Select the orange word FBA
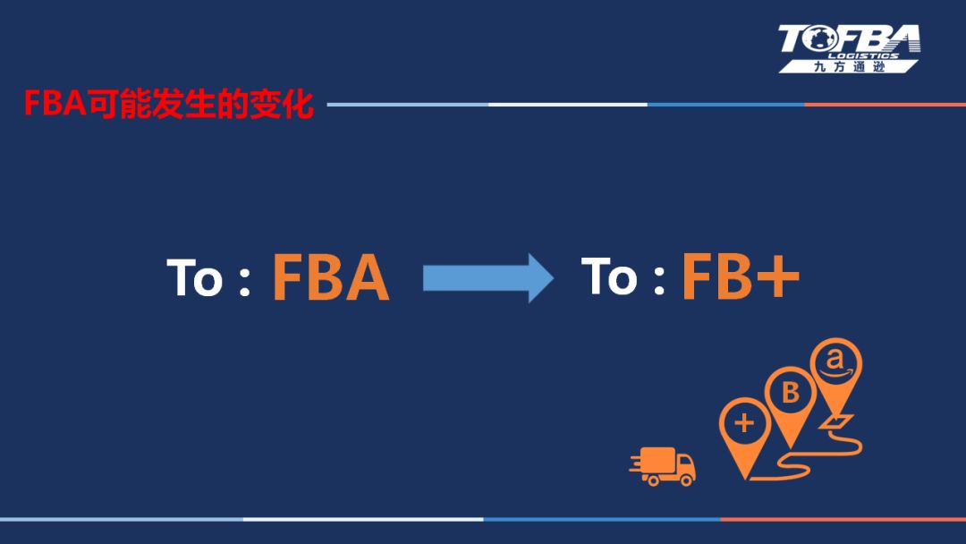(330, 278)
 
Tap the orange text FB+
(741, 276)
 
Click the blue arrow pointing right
(487, 277)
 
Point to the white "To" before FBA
(194, 278)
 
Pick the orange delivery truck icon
(663, 466)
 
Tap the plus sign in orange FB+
(775, 278)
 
